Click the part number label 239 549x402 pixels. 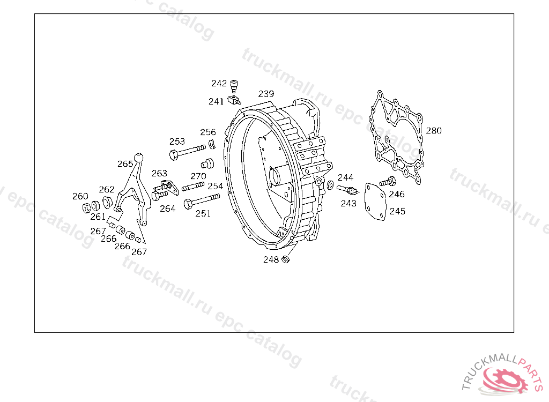[266, 94]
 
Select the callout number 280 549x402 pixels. [434, 131]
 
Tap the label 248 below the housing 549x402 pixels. [271, 259]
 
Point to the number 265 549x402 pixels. [125, 164]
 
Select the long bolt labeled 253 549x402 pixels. [187, 152]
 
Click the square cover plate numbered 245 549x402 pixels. [375, 202]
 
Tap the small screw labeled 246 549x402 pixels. [388, 181]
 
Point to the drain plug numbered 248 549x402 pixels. [286, 259]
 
